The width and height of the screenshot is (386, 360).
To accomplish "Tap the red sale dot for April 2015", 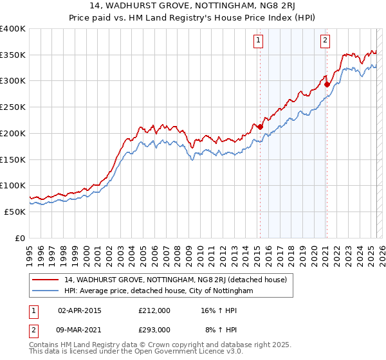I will pyautogui.click(x=260, y=127).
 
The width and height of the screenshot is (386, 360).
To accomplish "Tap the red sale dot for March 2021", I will pyautogui.click(x=327, y=84).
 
